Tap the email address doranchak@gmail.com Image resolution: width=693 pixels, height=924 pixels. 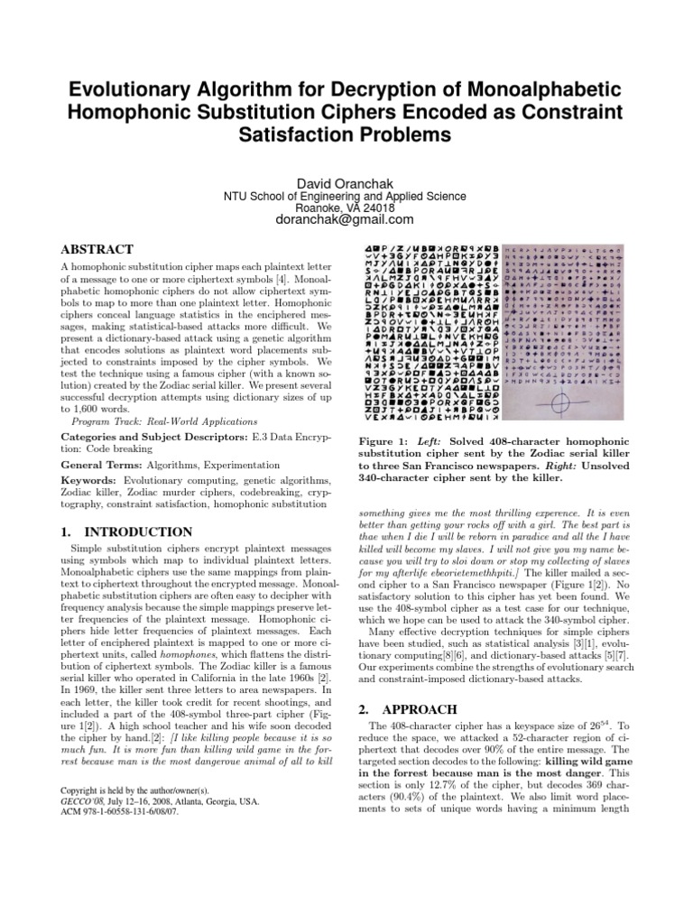click(346, 219)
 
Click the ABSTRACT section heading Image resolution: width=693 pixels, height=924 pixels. click(97, 249)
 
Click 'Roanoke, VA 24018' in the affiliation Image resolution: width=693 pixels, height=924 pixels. click(346, 207)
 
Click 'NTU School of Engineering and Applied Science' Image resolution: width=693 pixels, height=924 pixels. click(346, 195)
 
